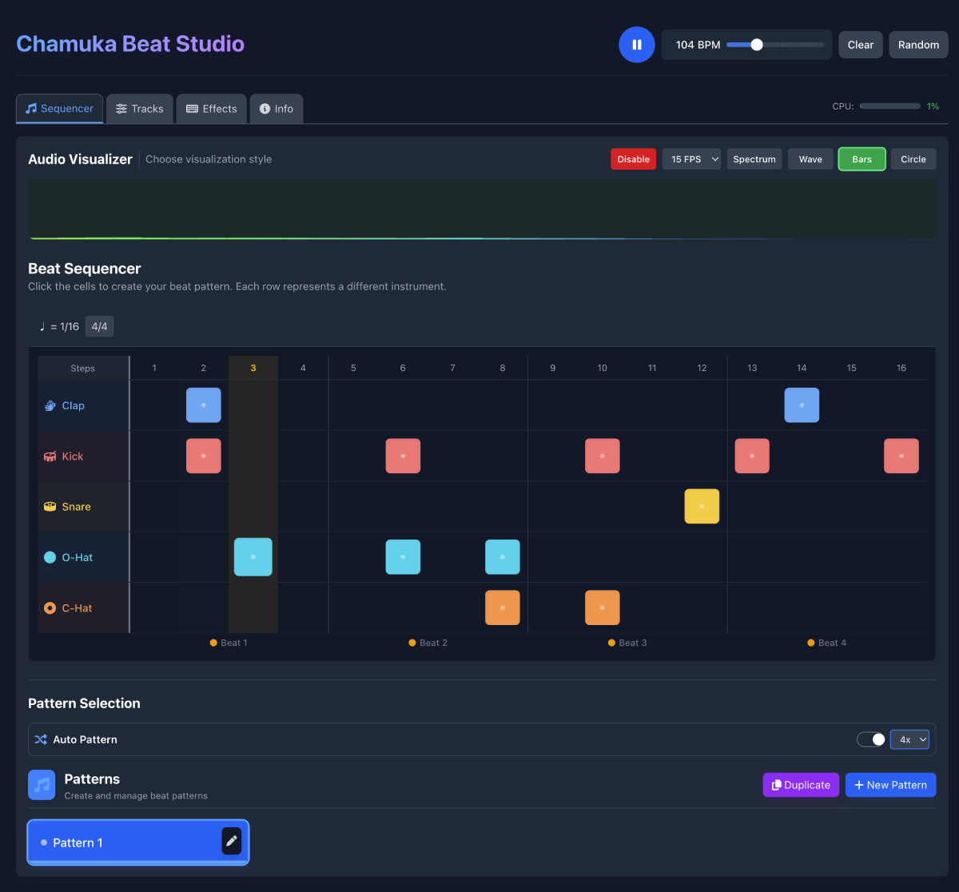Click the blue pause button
637,45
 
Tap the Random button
918,45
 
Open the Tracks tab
139,109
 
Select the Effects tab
212,109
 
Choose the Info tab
276,109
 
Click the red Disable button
633,159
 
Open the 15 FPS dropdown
691,159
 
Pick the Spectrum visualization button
754,159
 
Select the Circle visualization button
913,159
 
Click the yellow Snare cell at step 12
702,507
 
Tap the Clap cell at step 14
802,405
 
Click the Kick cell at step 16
901,456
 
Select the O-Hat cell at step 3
253,557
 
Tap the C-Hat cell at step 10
603,607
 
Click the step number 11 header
652,368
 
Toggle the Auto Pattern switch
871,739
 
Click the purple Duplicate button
801,785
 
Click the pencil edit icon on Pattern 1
231,841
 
